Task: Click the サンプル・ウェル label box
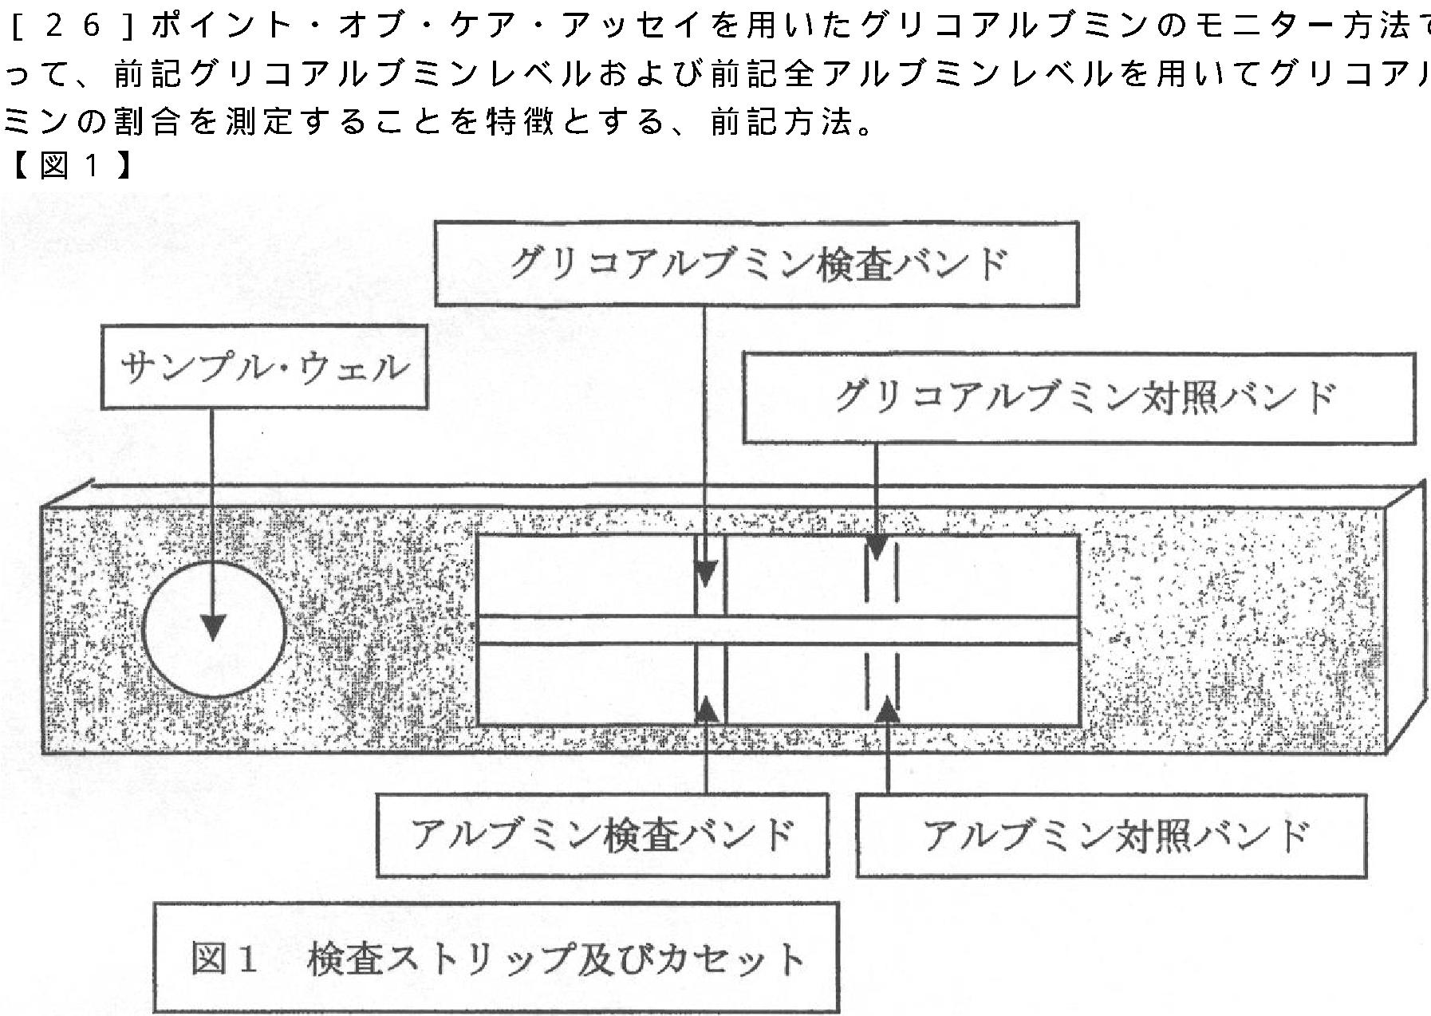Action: (x=264, y=369)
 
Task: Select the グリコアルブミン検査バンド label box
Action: (x=756, y=264)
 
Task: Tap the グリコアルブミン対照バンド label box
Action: (x=1078, y=397)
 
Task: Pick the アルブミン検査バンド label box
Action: (x=602, y=835)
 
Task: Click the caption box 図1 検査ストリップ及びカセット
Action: (x=495, y=958)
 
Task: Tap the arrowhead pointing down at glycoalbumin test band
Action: (x=705, y=573)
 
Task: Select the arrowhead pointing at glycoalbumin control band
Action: (x=877, y=548)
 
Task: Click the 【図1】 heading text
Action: (x=70, y=167)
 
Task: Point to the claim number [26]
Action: (x=70, y=26)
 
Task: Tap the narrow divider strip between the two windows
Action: (x=778, y=630)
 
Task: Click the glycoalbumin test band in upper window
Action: (x=710, y=576)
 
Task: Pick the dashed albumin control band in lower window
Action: (x=882, y=683)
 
